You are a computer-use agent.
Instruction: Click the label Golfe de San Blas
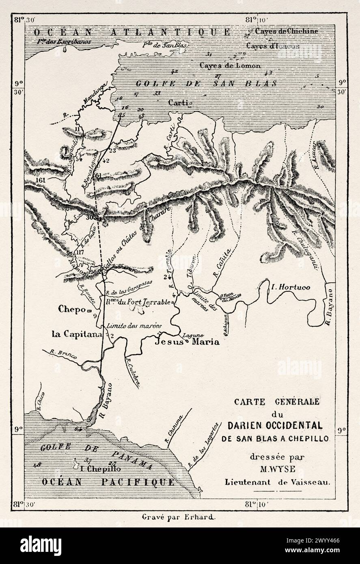[206, 84]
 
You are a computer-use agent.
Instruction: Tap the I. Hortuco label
[291, 287]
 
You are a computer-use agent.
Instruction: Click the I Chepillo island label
[99, 468]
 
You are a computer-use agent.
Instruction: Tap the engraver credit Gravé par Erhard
[180, 517]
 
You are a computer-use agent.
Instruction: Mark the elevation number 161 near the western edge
[40, 180]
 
